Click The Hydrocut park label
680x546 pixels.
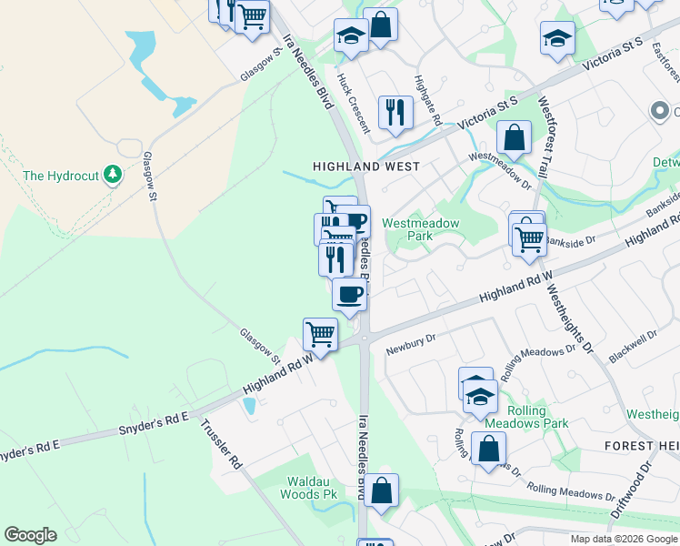tap(58, 176)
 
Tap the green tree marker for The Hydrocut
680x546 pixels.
tap(112, 174)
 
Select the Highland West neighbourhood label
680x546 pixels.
tap(366, 167)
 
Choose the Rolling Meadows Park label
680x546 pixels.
tap(526, 416)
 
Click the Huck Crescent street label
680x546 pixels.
tap(355, 103)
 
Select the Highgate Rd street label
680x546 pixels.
tap(428, 100)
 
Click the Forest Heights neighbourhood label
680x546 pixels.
tap(642, 446)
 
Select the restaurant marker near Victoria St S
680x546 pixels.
tap(395, 112)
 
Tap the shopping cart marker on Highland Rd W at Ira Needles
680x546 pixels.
tap(320, 334)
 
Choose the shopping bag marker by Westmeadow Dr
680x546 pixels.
tap(515, 138)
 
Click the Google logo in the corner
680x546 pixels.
tap(30, 535)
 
